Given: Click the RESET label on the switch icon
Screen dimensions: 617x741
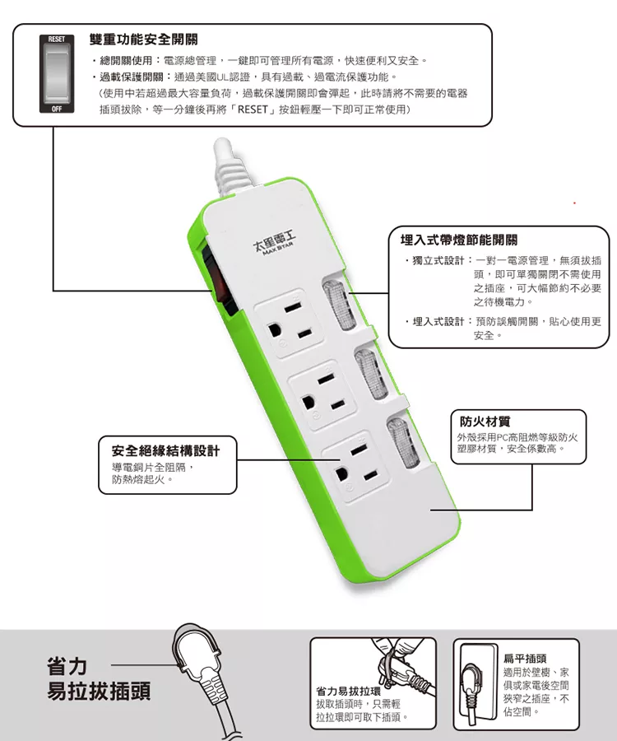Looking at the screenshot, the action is tap(57, 40).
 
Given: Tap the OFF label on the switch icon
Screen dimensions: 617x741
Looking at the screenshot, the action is tap(57, 109).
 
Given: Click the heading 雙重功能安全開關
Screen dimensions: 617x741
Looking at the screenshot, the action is tap(143, 40).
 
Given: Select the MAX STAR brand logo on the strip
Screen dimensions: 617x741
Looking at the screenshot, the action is tap(274, 245).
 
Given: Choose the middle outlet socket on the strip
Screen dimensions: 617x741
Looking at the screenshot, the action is tap(323, 394).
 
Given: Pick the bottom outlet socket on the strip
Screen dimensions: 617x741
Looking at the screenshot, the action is tap(355, 464).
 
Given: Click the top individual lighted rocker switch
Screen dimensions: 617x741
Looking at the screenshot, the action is tap(336, 305).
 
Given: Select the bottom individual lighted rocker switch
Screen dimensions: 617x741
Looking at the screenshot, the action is tap(402, 443).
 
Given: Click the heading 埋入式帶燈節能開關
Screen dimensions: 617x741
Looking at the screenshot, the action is tap(459, 240).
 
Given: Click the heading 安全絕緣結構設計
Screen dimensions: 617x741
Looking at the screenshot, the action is tap(165, 450).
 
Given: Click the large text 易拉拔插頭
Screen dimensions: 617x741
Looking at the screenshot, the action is tap(99, 691).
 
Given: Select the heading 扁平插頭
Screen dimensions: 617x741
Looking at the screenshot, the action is tap(525, 659).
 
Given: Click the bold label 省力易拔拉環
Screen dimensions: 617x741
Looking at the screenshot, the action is tap(348, 692).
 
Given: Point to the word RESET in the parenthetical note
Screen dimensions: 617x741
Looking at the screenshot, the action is tap(253, 110).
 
